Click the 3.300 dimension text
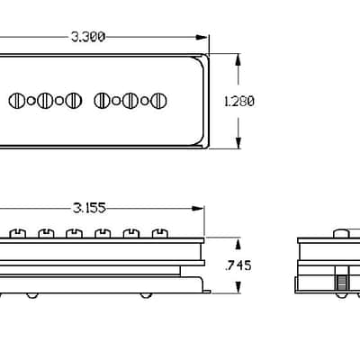click(x=88, y=37)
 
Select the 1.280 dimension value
click(x=239, y=102)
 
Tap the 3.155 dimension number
click(x=89, y=208)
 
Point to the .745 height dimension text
click(x=238, y=265)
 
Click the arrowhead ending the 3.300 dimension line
click(x=202, y=37)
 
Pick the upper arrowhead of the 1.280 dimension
click(x=238, y=60)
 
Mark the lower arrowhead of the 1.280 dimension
click(x=238, y=142)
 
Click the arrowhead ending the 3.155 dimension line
click(x=198, y=208)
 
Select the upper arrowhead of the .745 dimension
click(x=238, y=244)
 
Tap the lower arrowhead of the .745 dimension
click(x=238, y=287)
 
